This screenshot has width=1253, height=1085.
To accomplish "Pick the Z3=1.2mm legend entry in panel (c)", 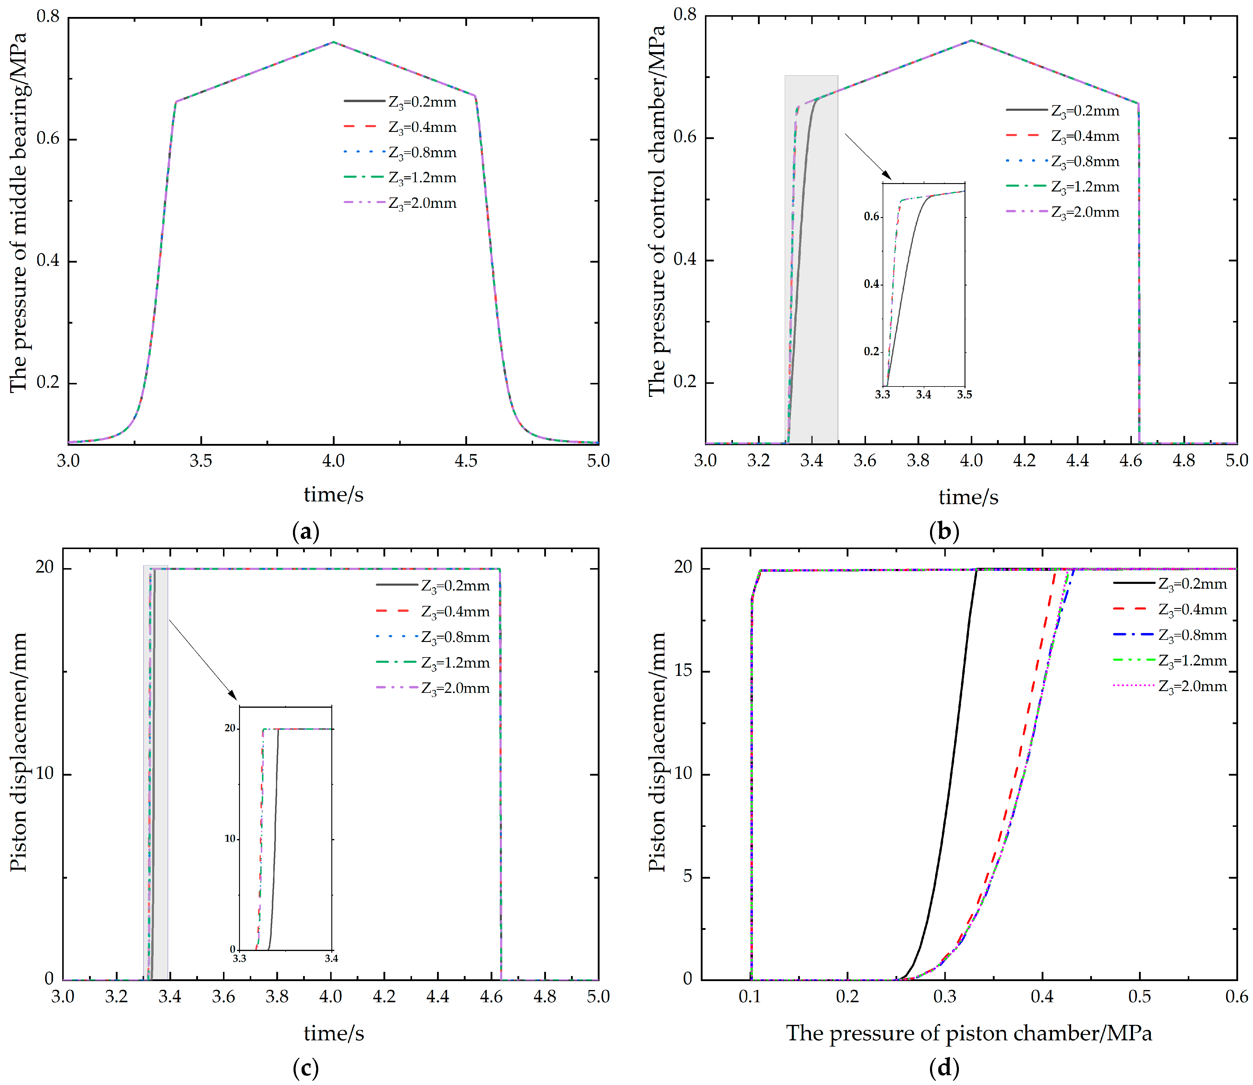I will click(455, 663).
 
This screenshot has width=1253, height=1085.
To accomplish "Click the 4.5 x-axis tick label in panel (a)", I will click(466, 461).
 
